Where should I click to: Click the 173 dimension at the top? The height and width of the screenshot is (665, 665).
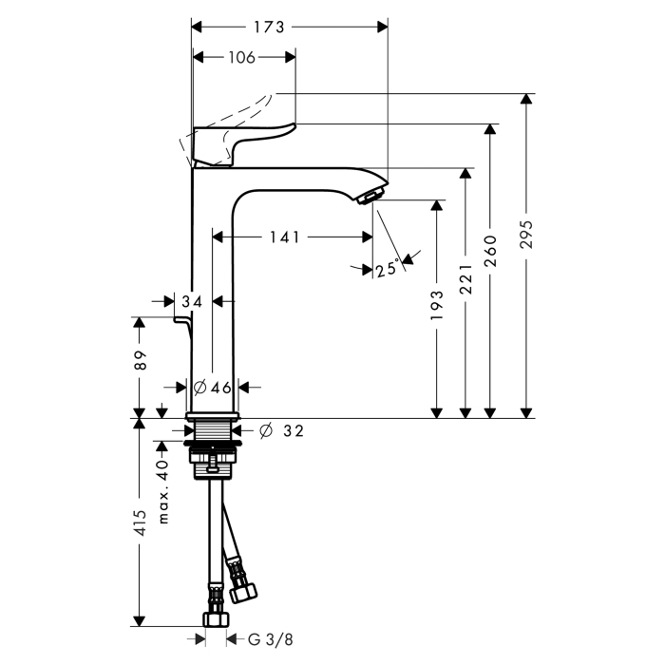(270, 28)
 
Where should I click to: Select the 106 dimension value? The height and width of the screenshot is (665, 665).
(242, 58)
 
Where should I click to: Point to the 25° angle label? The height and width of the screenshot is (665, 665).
(386, 270)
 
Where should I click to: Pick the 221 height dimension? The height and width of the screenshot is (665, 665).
(465, 280)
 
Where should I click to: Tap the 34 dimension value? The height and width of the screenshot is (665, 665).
(193, 301)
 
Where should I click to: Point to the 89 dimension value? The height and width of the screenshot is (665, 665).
(140, 361)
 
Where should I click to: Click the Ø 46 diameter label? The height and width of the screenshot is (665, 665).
(213, 387)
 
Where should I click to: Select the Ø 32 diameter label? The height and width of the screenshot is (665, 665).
(281, 430)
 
